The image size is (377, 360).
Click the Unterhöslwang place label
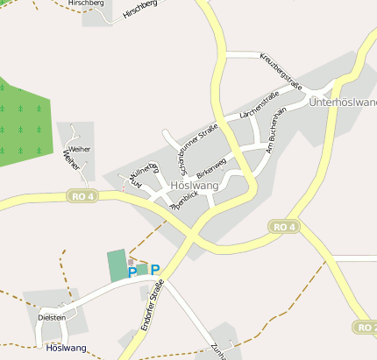(x=343, y=102)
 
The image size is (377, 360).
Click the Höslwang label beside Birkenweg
(x=194, y=186)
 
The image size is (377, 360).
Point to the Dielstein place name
(x=53, y=317)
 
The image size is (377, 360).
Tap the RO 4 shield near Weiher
(x=82, y=195)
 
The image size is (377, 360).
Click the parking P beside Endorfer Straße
(x=155, y=270)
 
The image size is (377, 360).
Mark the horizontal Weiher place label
(x=80, y=149)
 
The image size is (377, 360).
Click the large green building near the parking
(x=117, y=265)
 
